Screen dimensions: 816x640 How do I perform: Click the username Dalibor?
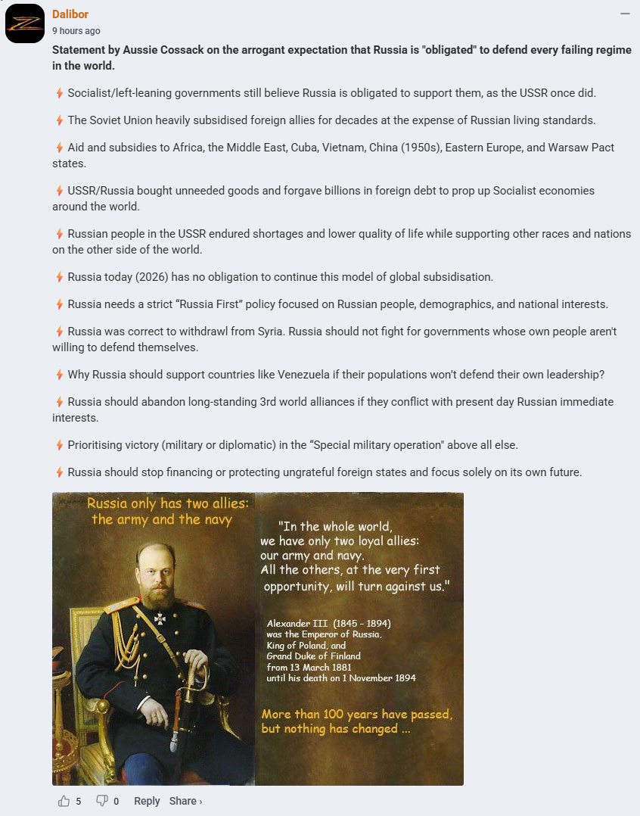pyautogui.click(x=70, y=14)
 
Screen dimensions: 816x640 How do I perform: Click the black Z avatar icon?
pyautogui.click(x=24, y=23)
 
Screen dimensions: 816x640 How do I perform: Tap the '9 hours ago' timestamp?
pyautogui.click(x=76, y=31)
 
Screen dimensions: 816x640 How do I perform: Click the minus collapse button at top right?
pyautogui.click(x=625, y=14)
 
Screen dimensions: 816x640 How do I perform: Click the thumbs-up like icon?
pyautogui.click(x=64, y=801)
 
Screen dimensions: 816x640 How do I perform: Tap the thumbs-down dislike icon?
pyautogui.click(x=102, y=801)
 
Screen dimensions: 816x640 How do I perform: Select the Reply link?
pyautogui.click(x=147, y=801)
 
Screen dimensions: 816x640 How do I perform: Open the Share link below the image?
pyautogui.click(x=185, y=801)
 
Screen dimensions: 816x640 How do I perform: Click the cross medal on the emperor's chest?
pyautogui.click(x=160, y=617)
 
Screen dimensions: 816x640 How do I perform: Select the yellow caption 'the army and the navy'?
pyautogui.click(x=162, y=519)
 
